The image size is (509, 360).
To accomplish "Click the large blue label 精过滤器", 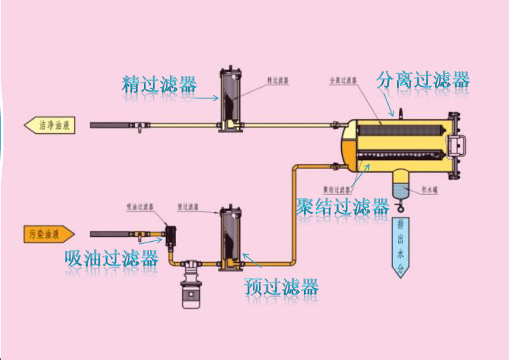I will [x=159, y=84].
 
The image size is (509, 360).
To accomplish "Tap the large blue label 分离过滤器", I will [x=423, y=80].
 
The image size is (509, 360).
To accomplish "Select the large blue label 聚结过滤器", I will [x=343, y=206].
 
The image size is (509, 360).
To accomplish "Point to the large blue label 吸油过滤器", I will [x=111, y=258].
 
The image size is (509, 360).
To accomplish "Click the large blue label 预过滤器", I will [x=281, y=287].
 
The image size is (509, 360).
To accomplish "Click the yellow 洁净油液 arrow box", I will [x=51, y=125].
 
